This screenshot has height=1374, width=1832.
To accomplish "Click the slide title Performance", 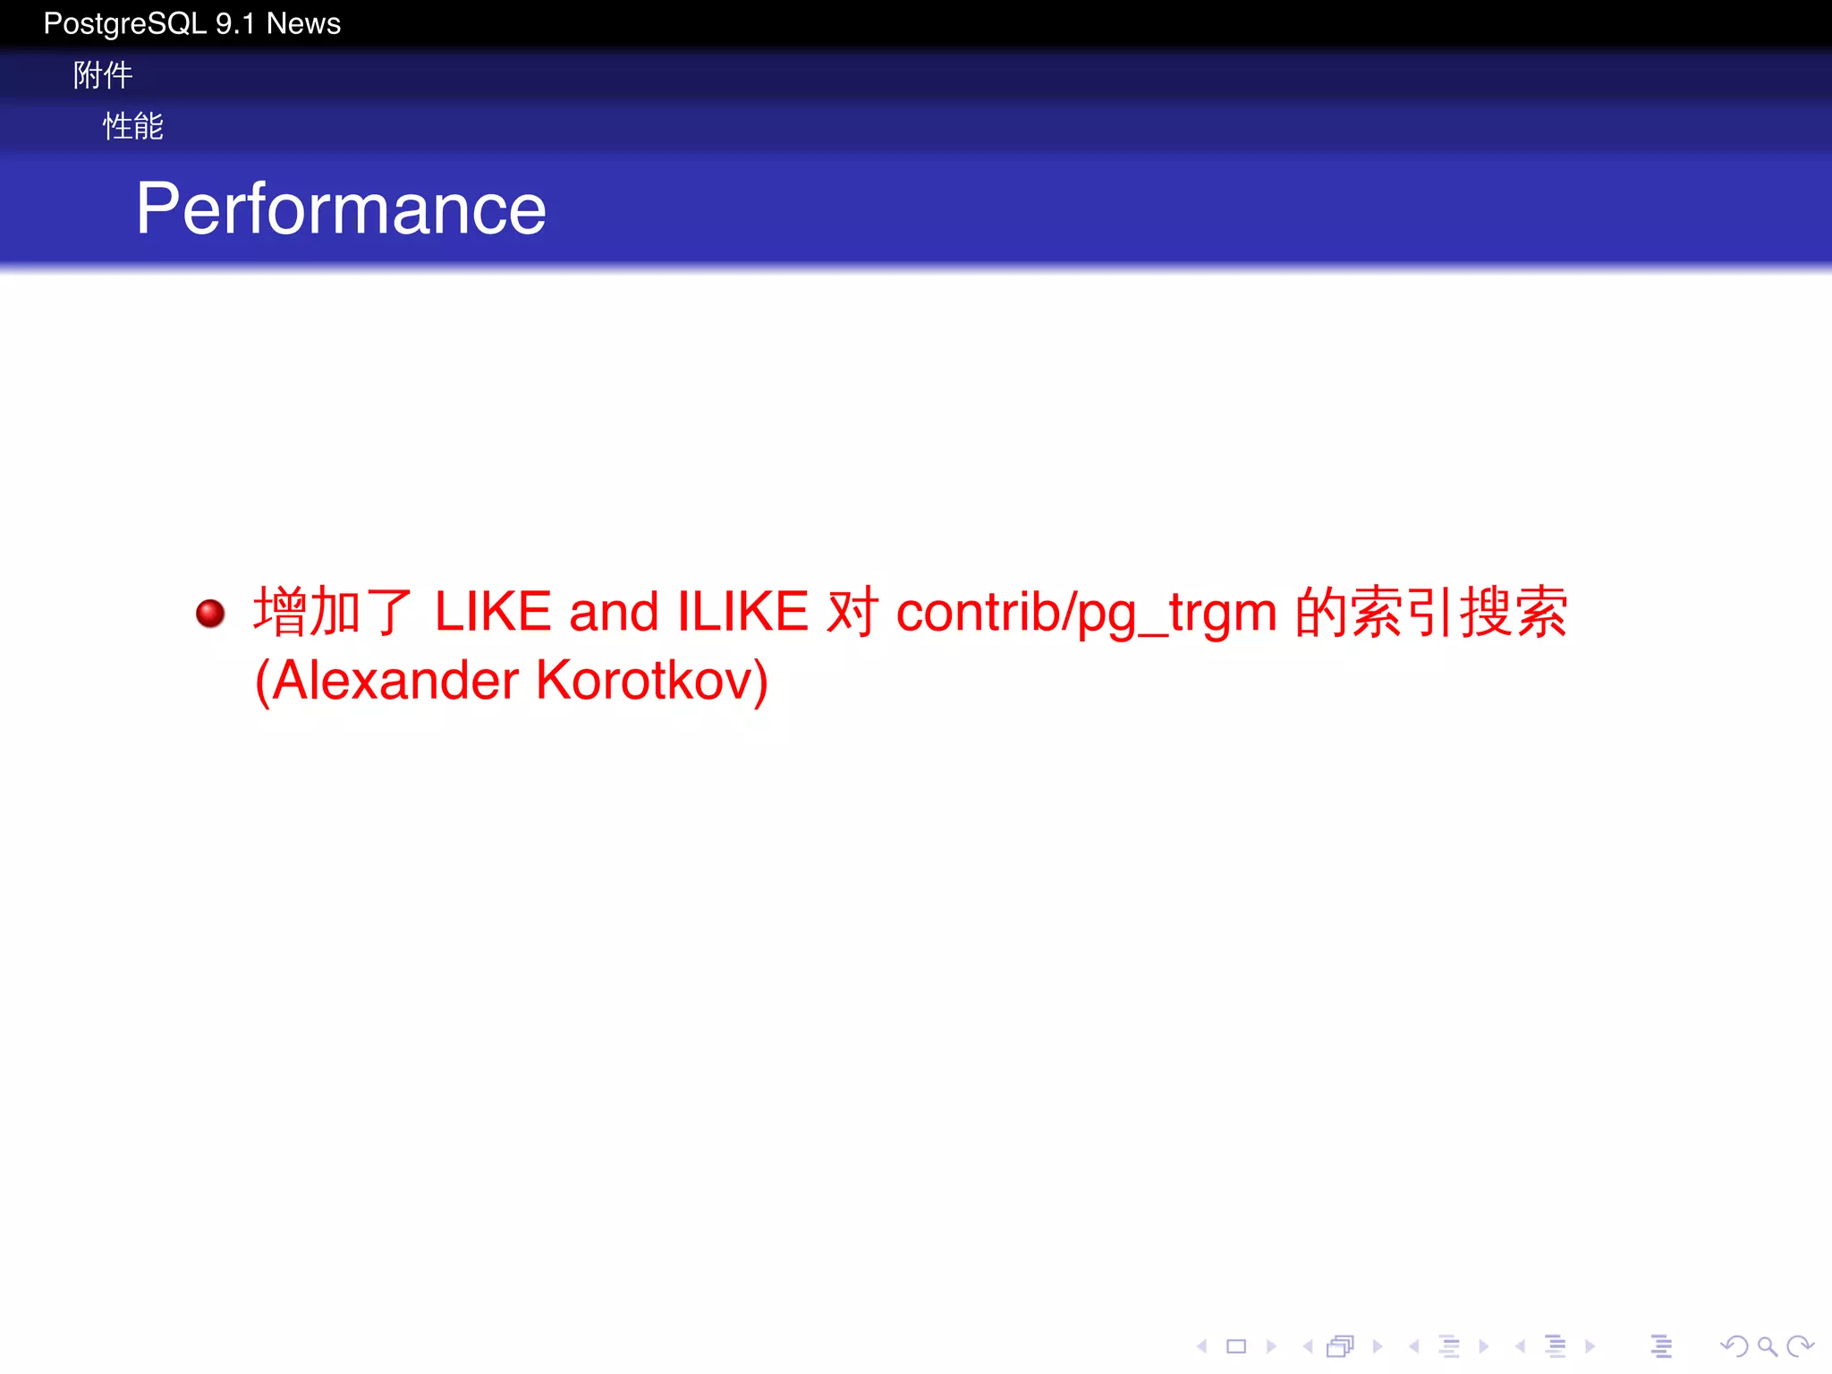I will tap(341, 208).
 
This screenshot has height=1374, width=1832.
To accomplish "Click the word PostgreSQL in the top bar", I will tap(124, 23).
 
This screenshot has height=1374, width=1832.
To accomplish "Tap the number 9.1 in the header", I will tap(235, 23).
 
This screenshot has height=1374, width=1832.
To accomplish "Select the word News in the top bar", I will tap(303, 23).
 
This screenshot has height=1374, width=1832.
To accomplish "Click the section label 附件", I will tap(103, 75).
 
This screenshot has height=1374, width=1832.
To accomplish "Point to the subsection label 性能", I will tap(132, 126).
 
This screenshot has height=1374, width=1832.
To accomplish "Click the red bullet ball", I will tap(210, 614).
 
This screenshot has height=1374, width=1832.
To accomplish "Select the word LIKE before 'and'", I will tap(493, 612).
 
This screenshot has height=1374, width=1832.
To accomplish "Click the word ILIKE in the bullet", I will tap(742, 612).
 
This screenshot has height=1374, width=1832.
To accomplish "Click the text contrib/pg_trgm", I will tap(1086, 614).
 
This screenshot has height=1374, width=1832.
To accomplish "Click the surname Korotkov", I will tap(651, 681).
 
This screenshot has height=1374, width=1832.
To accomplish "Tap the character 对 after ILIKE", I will tap(852, 612).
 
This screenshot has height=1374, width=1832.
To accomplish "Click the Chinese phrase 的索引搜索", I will tap(1431, 612).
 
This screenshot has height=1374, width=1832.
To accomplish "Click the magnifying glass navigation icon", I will tap(1767, 1346).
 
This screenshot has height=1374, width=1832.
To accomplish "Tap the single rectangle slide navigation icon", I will tap(1236, 1346).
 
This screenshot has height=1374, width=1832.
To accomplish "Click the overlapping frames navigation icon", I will tap(1341, 1346).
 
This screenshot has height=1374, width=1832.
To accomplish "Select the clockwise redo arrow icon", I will tap(1799, 1346).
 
